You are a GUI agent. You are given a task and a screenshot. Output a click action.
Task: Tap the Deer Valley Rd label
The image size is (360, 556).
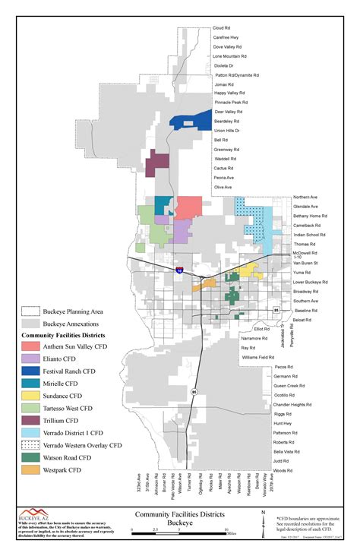coord(228,112)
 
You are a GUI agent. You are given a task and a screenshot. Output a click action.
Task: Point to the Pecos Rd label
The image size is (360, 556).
coord(283,366)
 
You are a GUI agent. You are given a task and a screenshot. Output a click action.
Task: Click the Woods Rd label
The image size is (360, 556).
coord(283,471)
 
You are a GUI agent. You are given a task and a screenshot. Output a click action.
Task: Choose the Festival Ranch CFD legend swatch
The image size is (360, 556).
coord(30,371)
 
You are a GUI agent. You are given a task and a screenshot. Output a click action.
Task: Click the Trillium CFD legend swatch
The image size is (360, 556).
coord(30,420)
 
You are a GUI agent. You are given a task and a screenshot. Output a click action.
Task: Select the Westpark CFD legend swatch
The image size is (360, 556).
coord(30,470)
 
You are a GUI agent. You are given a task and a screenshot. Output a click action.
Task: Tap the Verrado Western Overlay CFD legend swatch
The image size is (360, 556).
coord(30,445)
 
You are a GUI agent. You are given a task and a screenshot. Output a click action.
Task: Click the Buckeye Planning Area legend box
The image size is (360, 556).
coord(30,311)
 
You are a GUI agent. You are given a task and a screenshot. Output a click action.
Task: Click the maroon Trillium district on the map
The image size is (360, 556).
coord(157,162)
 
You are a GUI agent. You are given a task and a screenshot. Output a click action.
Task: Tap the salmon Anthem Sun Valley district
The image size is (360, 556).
coord(188,207)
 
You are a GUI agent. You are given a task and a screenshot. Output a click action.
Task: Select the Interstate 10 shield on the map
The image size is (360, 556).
coord(179,269)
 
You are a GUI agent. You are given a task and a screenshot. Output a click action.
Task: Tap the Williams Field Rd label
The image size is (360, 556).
coord(258,356)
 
